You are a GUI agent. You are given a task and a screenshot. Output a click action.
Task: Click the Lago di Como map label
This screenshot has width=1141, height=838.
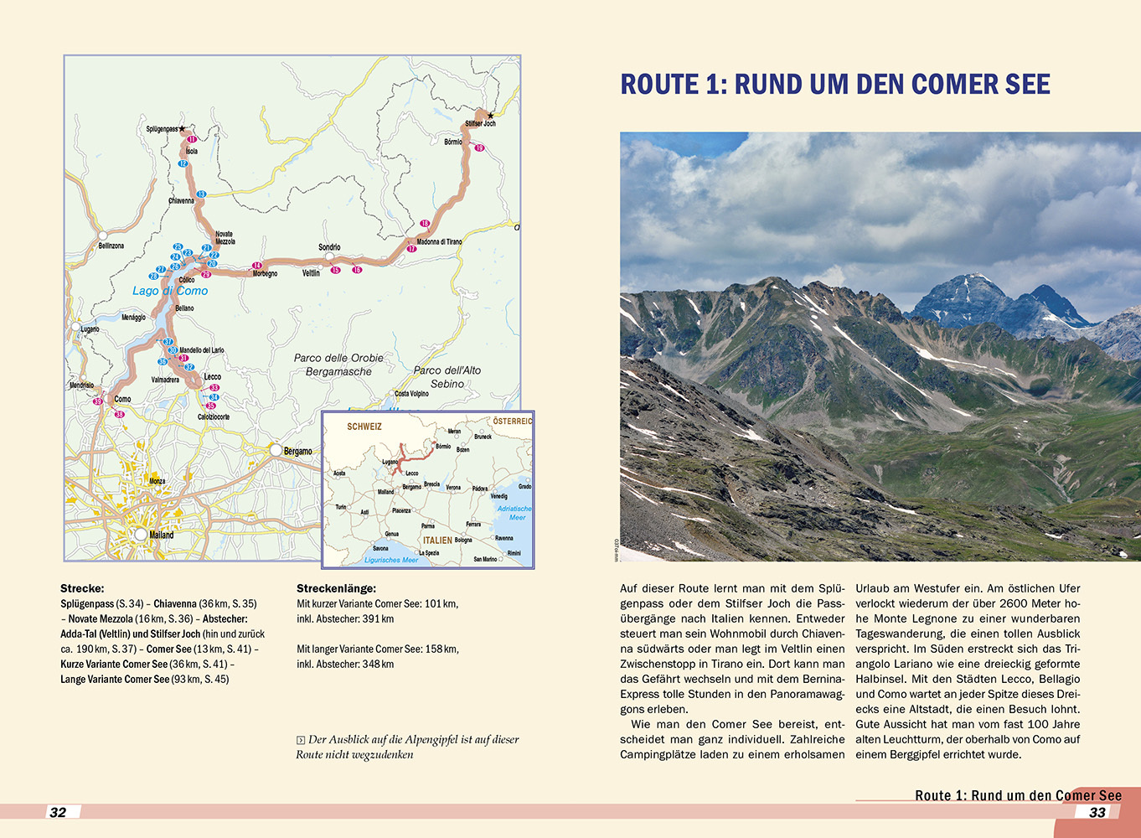(x=170, y=291)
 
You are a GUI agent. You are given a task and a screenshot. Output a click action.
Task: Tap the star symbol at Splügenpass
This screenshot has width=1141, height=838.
(x=182, y=129)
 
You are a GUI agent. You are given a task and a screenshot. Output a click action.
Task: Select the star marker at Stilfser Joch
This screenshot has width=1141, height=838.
(x=491, y=116)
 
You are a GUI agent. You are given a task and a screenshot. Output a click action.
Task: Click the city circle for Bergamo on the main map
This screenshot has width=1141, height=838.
(x=275, y=450)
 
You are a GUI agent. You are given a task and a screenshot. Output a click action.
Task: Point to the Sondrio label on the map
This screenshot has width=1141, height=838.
(x=329, y=247)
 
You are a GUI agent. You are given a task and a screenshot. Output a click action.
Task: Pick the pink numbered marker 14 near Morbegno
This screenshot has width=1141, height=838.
(x=257, y=266)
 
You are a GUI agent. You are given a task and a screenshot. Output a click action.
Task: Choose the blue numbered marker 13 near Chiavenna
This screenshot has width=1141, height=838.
(x=201, y=194)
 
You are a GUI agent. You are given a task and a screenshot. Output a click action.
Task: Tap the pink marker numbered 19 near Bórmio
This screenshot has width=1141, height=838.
(x=479, y=148)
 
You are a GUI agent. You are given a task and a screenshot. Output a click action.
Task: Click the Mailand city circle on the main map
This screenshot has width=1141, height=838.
(x=141, y=534)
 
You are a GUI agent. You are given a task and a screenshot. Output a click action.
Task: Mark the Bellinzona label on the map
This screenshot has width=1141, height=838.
(x=111, y=246)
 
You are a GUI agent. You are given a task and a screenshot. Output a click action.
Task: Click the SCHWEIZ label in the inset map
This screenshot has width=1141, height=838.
(x=364, y=427)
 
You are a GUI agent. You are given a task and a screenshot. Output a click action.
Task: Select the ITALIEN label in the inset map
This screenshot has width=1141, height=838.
(x=437, y=541)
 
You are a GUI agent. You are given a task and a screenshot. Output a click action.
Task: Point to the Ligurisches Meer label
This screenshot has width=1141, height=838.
(x=391, y=560)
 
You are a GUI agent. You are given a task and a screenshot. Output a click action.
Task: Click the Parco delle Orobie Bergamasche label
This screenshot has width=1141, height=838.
(x=338, y=365)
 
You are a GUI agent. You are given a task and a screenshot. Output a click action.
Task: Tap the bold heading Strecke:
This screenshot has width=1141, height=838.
(x=82, y=588)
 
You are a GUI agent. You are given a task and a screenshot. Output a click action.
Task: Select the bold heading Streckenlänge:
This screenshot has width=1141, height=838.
(x=336, y=588)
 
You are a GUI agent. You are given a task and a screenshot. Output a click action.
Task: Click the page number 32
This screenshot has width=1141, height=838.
(x=58, y=812)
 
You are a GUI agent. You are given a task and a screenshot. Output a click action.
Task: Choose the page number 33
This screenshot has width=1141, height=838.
(x=1097, y=812)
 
